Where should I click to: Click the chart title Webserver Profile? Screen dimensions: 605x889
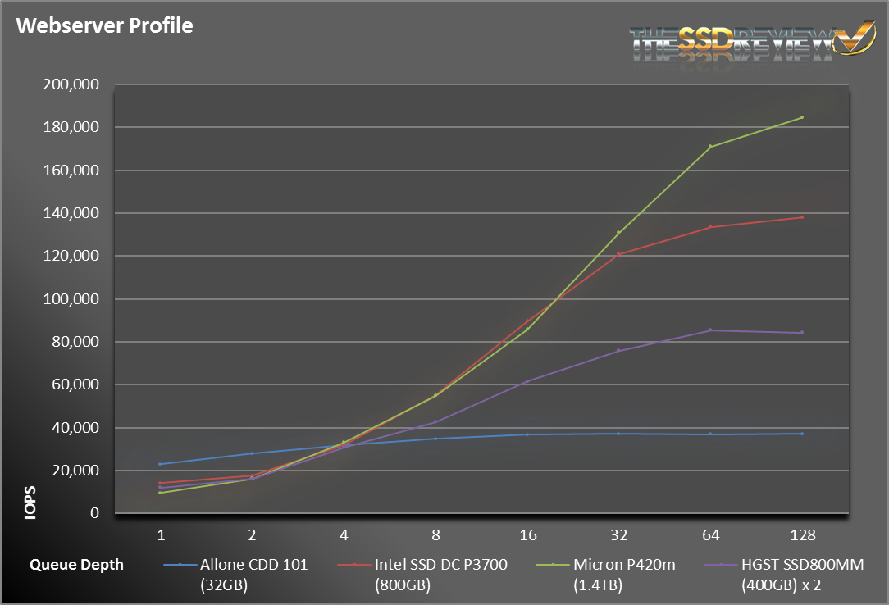click(104, 25)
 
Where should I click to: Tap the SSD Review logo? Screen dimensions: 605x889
click(753, 42)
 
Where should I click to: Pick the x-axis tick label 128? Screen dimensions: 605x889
click(802, 535)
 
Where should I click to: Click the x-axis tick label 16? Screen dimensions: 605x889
click(527, 535)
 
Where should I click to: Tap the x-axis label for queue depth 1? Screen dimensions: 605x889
click(161, 535)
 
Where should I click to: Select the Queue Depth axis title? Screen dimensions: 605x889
click(76, 564)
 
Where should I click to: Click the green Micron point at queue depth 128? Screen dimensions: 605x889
click(802, 117)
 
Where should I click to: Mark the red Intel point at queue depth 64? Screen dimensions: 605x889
click(710, 226)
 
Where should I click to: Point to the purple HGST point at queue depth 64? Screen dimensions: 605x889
click(710, 330)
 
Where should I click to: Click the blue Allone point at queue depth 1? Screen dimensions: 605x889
click(161, 464)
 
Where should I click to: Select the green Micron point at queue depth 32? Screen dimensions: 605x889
click(618, 232)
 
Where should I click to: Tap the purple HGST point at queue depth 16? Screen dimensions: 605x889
click(527, 381)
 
